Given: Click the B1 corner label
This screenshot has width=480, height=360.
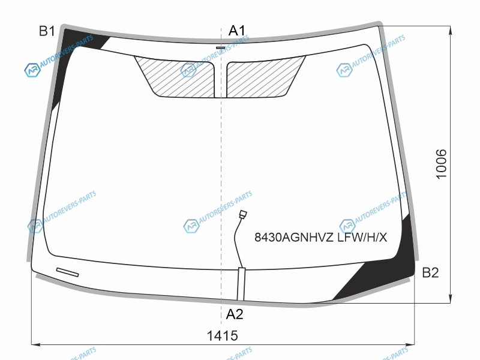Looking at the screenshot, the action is (x=47, y=31).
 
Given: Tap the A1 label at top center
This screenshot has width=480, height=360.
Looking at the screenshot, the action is (x=237, y=31).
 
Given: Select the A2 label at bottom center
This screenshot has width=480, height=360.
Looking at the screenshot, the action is (x=235, y=314).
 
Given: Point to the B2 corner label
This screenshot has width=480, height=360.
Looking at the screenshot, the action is (x=430, y=272).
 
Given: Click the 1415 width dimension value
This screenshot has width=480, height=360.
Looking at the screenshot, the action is (x=223, y=335).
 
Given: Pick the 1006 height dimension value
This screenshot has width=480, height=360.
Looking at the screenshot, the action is (x=441, y=164).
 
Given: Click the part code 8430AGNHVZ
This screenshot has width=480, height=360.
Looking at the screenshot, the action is (x=294, y=237).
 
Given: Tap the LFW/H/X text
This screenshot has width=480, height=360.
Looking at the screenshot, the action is (x=362, y=237).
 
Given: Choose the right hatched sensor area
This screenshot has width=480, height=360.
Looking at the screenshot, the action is (x=263, y=78).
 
